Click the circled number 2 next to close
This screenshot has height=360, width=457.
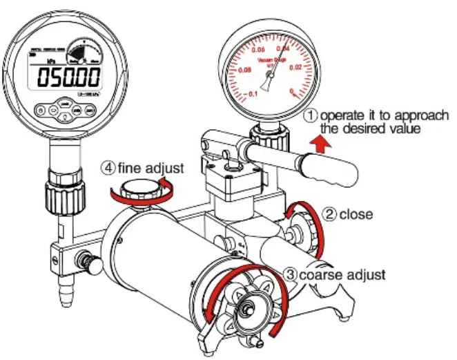(x=331, y=214)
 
